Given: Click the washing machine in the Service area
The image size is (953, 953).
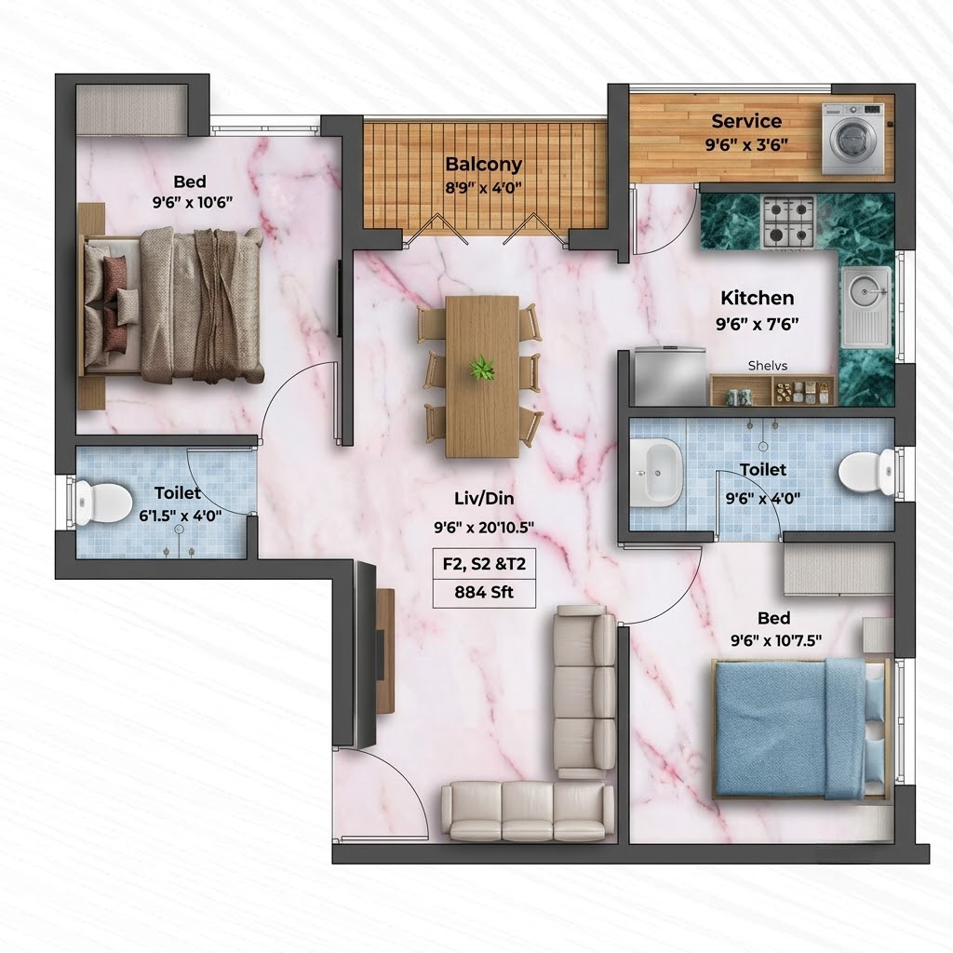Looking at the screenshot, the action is tap(852, 139).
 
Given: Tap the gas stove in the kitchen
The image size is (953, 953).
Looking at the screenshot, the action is tap(788, 221).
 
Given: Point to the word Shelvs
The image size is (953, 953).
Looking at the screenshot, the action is tap(768, 365).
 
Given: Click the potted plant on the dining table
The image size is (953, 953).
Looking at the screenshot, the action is tap(482, 369).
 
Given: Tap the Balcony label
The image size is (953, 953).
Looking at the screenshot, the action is tap(484, 164).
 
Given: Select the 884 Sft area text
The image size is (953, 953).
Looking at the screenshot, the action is tap(484, 592).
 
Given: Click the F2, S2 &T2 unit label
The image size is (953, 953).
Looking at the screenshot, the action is tap(484, 563).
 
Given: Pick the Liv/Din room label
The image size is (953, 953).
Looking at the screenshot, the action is tap(484, 499).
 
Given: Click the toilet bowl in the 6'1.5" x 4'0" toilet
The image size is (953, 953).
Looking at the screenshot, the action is tap(103, 503).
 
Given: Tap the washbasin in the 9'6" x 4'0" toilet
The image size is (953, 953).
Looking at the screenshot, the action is tap(656, 473).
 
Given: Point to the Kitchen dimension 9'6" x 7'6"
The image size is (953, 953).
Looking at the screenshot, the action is tap(758, 324).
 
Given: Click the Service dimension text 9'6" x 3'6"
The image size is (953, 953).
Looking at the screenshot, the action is tap(746, 144).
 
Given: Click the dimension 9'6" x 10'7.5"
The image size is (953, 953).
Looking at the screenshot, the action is tap(775, 640).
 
